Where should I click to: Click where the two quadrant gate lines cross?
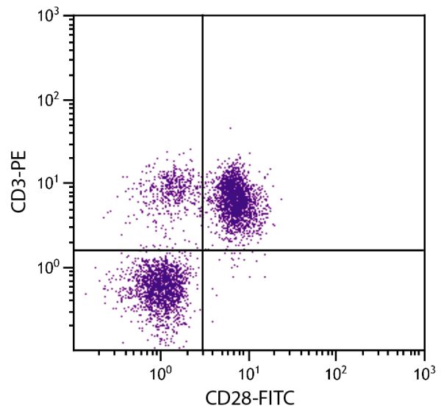coord(202,250)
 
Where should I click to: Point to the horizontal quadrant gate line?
coord(331,250)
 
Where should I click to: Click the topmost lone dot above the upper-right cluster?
coord(230,128)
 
